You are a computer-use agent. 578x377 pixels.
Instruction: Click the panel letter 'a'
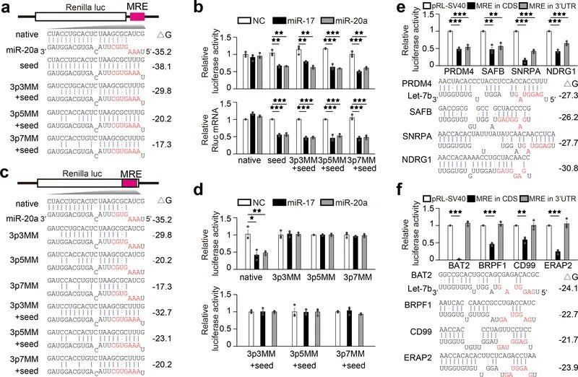[x=7, y=8]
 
